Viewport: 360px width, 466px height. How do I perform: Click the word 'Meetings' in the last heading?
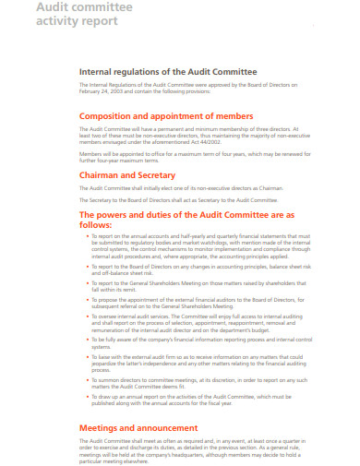pyautogui.click(x=103, y=428)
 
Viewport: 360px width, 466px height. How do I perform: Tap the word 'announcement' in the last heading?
pyautogui.click(x=172, y=428)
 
